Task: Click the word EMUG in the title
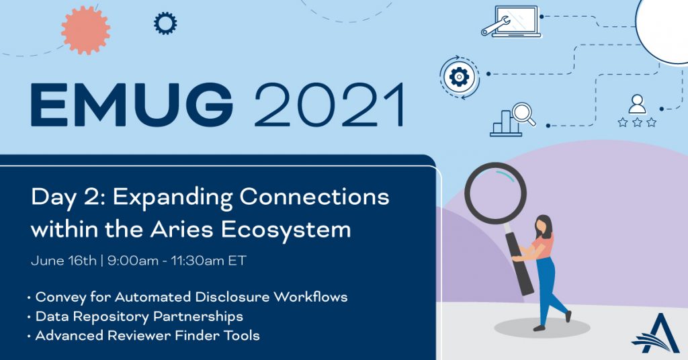click(x=132, y=105)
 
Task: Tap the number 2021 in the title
click(x=329, y=105)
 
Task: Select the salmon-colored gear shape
click(x=85, y=30)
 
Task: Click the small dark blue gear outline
click(x=165, y=24)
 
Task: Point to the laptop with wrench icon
click(x=511, y=21)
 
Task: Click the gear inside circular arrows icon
click(x=459, y=77)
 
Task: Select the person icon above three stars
click(x=637, y=104)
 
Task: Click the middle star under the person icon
click(x=637, y=122)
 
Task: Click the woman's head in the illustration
click(x=543, y=226)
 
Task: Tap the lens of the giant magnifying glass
click(x=495, y=193)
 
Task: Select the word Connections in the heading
click(x=314, y=197)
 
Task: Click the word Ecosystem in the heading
click(x=286, y=230)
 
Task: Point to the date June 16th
click(x=64, y=261)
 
